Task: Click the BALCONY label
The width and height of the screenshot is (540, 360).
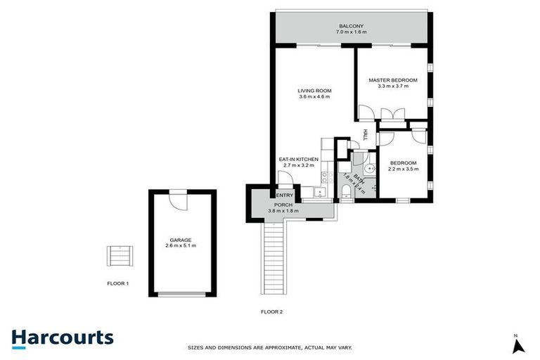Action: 352,26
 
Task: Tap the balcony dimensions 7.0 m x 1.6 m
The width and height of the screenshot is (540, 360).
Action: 352,32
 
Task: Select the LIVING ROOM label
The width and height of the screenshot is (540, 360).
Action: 314,91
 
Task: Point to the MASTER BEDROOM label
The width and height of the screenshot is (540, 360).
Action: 393,80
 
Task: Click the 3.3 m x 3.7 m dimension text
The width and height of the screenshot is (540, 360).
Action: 393,86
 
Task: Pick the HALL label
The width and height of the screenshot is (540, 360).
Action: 365,134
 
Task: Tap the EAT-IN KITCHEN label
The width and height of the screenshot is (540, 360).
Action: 299,160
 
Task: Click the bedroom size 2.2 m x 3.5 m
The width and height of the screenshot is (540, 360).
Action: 404,169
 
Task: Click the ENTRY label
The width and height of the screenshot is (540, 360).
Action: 285,195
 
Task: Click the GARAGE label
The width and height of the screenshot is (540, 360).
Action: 180,240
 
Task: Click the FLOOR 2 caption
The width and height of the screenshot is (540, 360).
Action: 271,310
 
